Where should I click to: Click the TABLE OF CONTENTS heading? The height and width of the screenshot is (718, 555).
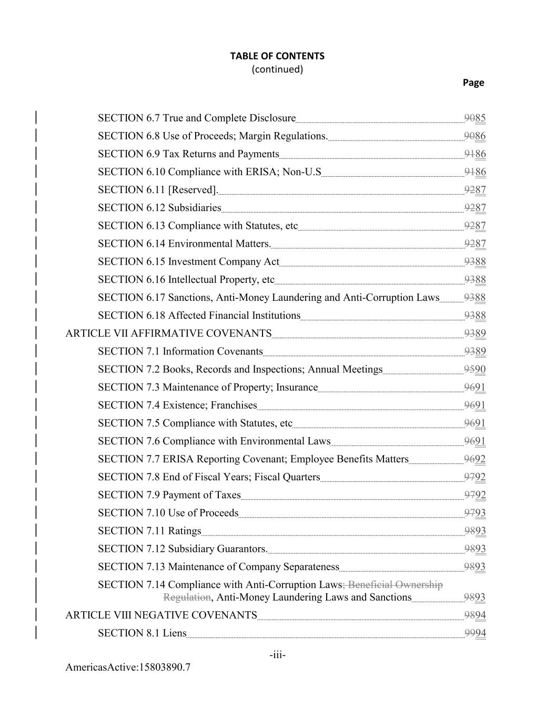(x=277, y=56)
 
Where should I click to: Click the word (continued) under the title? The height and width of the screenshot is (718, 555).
(x=277, y=69)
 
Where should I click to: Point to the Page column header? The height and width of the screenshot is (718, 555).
(x=473, y=83)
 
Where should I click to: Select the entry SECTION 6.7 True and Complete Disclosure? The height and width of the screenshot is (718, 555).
(x=196, y=118)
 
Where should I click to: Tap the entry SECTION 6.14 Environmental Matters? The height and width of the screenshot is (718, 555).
(x=184, y=244)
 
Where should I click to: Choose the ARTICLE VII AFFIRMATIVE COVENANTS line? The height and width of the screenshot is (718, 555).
(x=168, y=333)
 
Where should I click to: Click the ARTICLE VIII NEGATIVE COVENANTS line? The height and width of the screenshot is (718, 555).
(x=161, y=615)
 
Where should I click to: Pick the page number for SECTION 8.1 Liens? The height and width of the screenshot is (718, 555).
(x=475, y=633)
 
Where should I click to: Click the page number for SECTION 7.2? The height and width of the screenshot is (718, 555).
(x=475, y=369)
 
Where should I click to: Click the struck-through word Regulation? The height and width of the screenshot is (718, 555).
(x=187, y=598)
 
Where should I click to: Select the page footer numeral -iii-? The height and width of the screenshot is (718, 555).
(x=277, y=655)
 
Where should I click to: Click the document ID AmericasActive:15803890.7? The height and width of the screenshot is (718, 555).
(x=128, y=668)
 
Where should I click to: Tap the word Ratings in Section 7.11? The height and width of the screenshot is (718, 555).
(x=184, y=531)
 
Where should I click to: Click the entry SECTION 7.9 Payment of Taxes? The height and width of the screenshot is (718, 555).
(x=169, y=495)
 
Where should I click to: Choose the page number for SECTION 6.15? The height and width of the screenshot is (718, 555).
(x=475, y=262)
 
